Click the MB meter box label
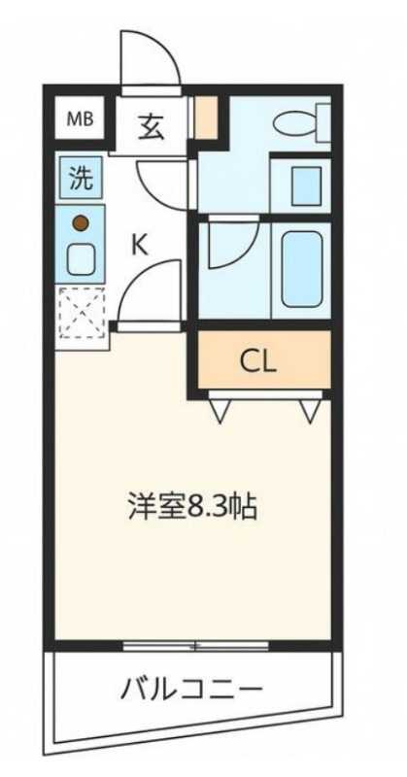pyautogui.click(x=80, y=118)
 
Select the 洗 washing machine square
pyautogui.click(x=82, y=178)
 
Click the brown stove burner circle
pyautogui.click(x=81, y=223)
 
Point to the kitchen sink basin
pyautogui.click(x=82, y=259)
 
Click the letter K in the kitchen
pyautogui.click(x=140, y=245)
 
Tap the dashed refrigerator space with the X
pyautogui.click(x=82, y=312)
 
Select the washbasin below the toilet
pyautogui.click(x=306, y=186)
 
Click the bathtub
pyautogui.click(x=302, y=270)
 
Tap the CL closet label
pyautogui.click(x=257, y=363)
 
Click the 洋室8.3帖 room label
pyautogui.click(x=193, y=505)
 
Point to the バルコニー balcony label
pyautogui.click(x=190, y=689)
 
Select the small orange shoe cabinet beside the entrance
pyautogui.click(x=206, y=117)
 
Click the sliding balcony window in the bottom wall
pyautogui.click(x=196, y=645)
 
